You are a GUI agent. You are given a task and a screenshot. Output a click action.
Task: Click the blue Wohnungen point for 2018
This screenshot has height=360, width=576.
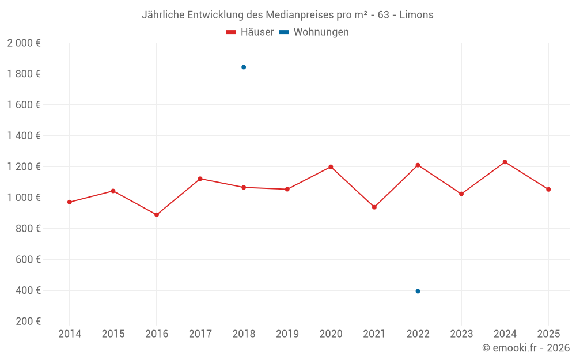click(x=244, y=67)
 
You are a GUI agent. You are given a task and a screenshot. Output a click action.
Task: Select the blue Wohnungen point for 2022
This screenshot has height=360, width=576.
click(x=418, y=291)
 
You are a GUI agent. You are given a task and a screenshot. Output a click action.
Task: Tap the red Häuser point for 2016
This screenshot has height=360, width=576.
click(x=157, y=215)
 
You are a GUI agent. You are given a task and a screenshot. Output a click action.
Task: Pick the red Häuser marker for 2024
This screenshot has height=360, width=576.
click(x=505, y=162)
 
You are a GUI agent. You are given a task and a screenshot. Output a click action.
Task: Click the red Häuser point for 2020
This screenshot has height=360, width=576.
click(x=331, y=167)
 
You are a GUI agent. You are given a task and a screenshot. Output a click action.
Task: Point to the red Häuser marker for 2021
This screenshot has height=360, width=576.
click(x=374, y=207)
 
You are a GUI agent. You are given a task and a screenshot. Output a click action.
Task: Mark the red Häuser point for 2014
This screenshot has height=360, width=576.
click(x=70, y=202)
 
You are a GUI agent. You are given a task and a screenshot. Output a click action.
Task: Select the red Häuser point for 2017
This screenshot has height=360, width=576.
click(x=200, y=179)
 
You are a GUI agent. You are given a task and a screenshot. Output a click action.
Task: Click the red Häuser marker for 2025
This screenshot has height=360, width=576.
click(x=548, y=190)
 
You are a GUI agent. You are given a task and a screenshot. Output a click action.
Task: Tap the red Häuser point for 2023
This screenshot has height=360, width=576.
click(x=461, y=194)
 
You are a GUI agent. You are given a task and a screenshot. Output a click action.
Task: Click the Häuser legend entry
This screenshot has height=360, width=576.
click(x=250, y=32)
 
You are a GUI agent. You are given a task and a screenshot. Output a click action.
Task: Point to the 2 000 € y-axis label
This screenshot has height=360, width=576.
click(x=24, y=43)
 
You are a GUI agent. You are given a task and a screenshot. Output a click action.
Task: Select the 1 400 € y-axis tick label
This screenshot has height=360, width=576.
click(x=24, y=136)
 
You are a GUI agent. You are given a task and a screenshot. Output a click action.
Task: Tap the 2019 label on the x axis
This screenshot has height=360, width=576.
click(x=287, y=334)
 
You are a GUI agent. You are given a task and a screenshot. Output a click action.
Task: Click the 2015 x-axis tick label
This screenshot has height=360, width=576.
click(x=113, y=334)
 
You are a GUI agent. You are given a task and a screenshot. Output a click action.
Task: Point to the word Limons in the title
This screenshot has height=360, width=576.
click(x=418, y=15)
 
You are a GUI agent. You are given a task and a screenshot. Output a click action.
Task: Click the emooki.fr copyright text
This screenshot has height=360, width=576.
click(x=525, y=348)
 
